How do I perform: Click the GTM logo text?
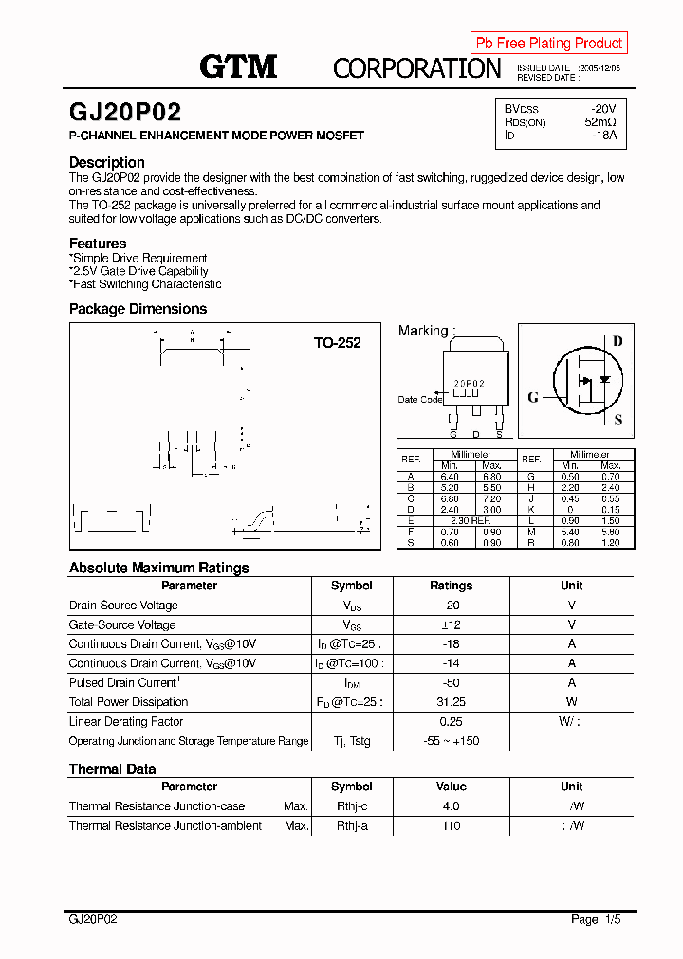pyautogui.click(x=238, y=66)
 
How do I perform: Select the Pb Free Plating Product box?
pyautogui.click(x=548, y=43)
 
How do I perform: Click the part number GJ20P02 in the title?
pyautogui.click(x=124, y=112)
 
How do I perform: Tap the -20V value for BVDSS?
pyautogui.click(x=602, y=109)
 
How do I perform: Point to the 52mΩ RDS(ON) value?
pyautogui.click(x=600, y=122)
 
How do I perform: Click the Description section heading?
pyautogui.click(x=107, y=162)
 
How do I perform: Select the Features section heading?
pyautogui.click(x=98, y=244)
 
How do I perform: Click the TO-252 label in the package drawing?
pyautogui.click(x=338, y=343)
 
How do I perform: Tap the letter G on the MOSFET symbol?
pyautogui.click(x=533, y=397)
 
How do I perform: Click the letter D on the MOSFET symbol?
pyautogui.click(x=618, y=341)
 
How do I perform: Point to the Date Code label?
pyautogui.click(x=419, y=399)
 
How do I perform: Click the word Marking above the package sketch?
pyautogui.click(x=423, y=331)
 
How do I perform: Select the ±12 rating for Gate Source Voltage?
pyautogui.click(x=451, y=624)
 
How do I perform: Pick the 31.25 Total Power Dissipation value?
pyautogui.click(x=451, y=702)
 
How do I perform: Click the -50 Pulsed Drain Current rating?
pyautogui.click(x=451, y=682)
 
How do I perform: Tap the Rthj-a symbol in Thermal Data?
pyautogui.click(x=352, y=826)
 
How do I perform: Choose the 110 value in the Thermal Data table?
pyautogui.click(x=451, y=826)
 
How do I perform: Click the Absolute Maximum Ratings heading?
pyautogui.click(x=159, y=568)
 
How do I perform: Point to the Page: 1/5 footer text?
pyautogui.click(x=597, y=919)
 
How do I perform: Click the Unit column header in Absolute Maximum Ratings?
pyautogui.click(x=571, y=586)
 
